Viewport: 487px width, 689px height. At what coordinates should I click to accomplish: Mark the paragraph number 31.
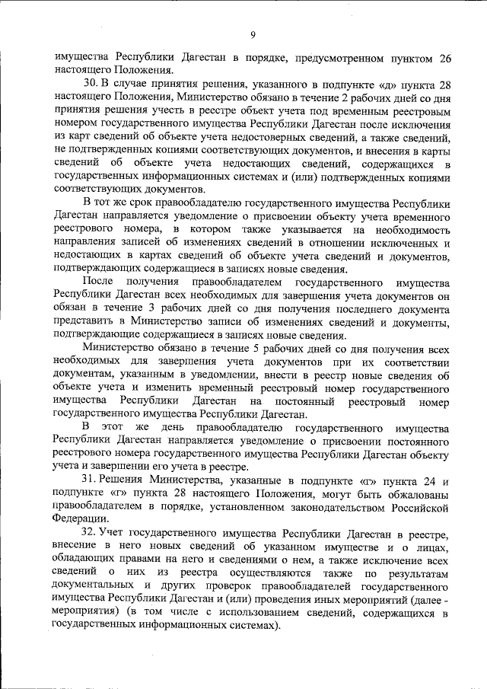[89, 480]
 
